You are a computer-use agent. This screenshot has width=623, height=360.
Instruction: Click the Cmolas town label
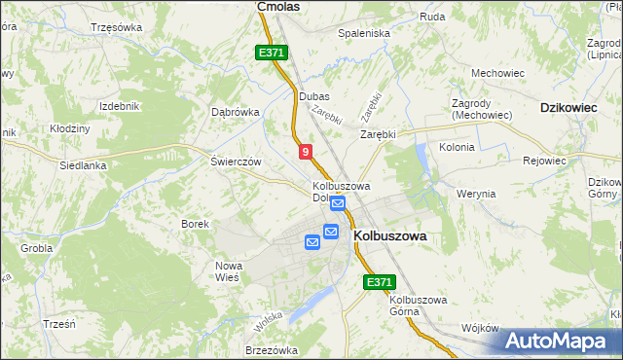[277, 6]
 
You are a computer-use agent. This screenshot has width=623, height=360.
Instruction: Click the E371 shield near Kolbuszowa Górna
[380, 282]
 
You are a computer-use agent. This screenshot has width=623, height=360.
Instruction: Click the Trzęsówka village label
[115, 27]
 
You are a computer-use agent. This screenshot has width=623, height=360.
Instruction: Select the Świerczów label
[236, 162]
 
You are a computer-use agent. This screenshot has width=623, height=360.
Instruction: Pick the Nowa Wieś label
[228, 271]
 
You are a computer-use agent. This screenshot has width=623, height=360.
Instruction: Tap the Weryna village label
[476, 194]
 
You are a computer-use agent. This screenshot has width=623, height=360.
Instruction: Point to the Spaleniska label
[363, 33]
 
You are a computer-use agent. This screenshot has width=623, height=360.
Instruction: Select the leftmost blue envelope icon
[312, 242]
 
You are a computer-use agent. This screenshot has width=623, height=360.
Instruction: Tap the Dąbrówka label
[236, 111]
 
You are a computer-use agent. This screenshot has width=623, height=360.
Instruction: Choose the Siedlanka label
[82, 165]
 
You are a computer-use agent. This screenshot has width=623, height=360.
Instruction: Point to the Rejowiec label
[545, 161]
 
